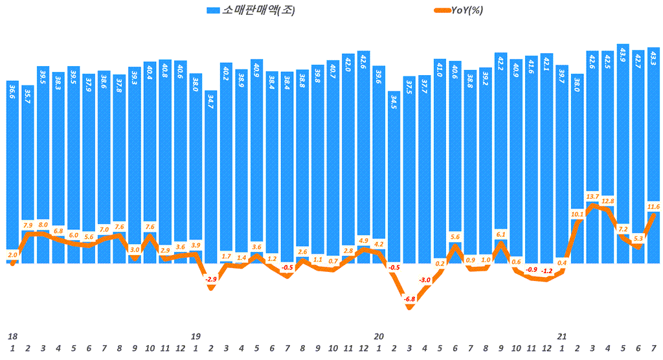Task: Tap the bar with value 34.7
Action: [210, 175]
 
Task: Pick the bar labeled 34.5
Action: [394, 175]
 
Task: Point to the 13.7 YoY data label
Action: [592, 196]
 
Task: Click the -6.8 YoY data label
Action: [409, 299]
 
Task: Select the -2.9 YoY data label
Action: [210, 279]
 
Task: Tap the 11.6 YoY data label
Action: [653, 207]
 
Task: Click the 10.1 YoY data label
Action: [577, 214]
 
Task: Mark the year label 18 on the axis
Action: [12, 337]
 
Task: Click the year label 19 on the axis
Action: [195, 337]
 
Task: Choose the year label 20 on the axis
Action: [379, 337]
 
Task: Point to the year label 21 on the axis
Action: [562, 337]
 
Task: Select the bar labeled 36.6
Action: [12, 175]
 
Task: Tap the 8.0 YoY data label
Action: [43, 224]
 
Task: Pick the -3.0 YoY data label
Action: [425, 280]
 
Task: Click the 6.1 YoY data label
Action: [500, 234]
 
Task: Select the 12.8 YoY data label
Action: [608, 201]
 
